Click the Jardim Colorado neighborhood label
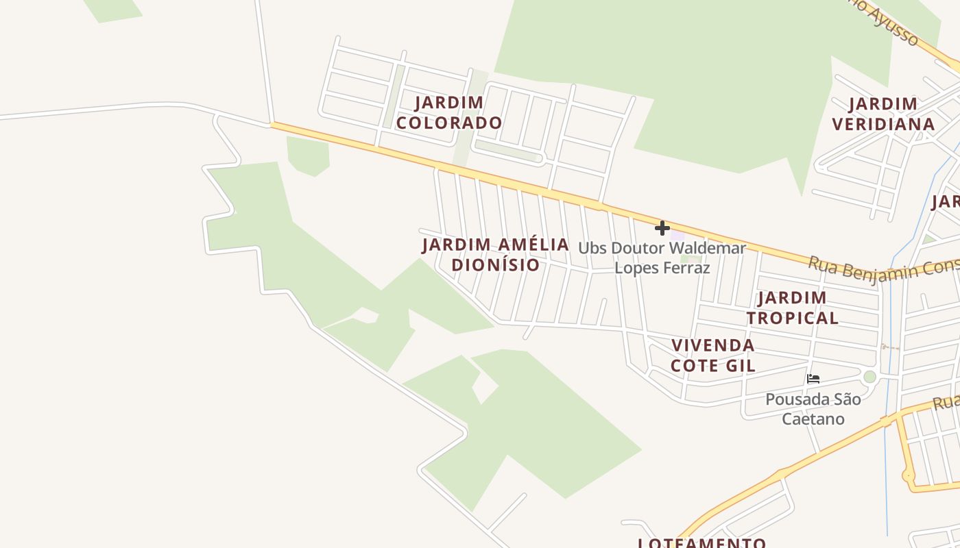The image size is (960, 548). point(449,113)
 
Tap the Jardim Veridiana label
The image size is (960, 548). point(883,114)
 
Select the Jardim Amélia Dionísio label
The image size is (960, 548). point(495,254)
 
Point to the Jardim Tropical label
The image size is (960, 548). point(792,308)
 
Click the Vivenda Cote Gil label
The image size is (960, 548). point(712,355)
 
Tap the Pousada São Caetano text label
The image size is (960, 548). point(813,408)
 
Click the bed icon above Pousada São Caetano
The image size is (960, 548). point(813,378)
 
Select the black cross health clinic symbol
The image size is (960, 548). point(662,228)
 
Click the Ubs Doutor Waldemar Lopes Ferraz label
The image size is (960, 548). point(662,257)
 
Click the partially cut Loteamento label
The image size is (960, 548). point(702,543)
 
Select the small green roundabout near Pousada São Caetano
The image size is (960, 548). point(869,377)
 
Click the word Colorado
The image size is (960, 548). point(449,123)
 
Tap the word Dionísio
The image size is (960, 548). point(495,264)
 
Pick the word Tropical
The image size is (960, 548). point(792,318)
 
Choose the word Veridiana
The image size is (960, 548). point(883,124)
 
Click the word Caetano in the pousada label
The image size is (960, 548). point(813,419)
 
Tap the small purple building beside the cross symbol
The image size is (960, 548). point(677,235)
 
